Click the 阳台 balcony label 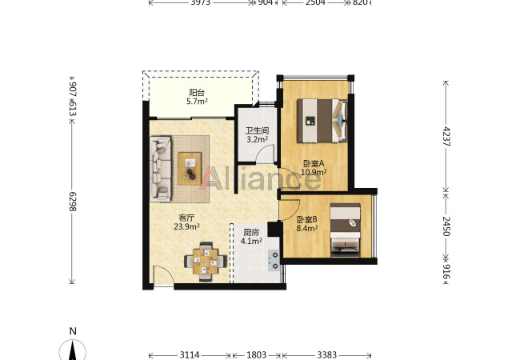point(197,93)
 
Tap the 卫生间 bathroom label point(257,130)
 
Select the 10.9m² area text point(314,172)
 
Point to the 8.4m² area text point(307,228)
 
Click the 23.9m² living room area point(186,226)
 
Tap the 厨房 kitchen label point(251,232)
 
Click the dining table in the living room point(206,262)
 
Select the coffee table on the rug point(190,168)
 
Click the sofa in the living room point(161,169)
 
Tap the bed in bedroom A point(322,121)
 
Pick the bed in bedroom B point(346,230)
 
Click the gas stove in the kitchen point(274,260)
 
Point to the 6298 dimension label point(72,202)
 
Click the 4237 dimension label point(446,136)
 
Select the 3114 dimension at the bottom point(190,355)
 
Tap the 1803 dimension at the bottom point(256,355)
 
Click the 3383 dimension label point(326,355)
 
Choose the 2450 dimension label point(446,226)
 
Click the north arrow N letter point(73,331)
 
